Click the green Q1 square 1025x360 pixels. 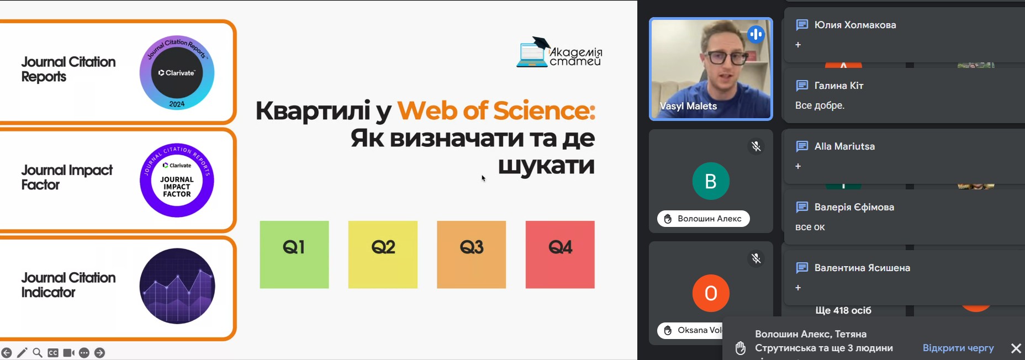coord(294,255)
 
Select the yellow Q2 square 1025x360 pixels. coord(383,255)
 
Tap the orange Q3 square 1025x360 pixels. coord(471,255)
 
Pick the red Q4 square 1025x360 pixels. coord(560,255)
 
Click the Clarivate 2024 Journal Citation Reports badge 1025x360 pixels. coord(177,73)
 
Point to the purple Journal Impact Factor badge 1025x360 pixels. coord(177,180)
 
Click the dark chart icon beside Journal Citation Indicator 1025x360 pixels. coord(177,286)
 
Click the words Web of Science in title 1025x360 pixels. coord(496,110)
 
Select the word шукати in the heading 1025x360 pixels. coord(546,165)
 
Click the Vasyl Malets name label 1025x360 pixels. coord(688,106)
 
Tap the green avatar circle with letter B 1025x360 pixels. coord(711,181)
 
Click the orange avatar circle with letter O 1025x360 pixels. coord(711,293)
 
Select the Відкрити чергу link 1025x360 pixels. coord(958,348)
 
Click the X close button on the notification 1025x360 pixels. coord(1016,348)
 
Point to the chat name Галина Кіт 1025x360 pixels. coord(839,86)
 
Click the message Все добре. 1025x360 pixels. coord(820,105)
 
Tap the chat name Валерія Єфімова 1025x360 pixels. coord(854,207)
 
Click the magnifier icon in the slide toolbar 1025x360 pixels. coord(38,353)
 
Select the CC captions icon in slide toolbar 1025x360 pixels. coord(53,353)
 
